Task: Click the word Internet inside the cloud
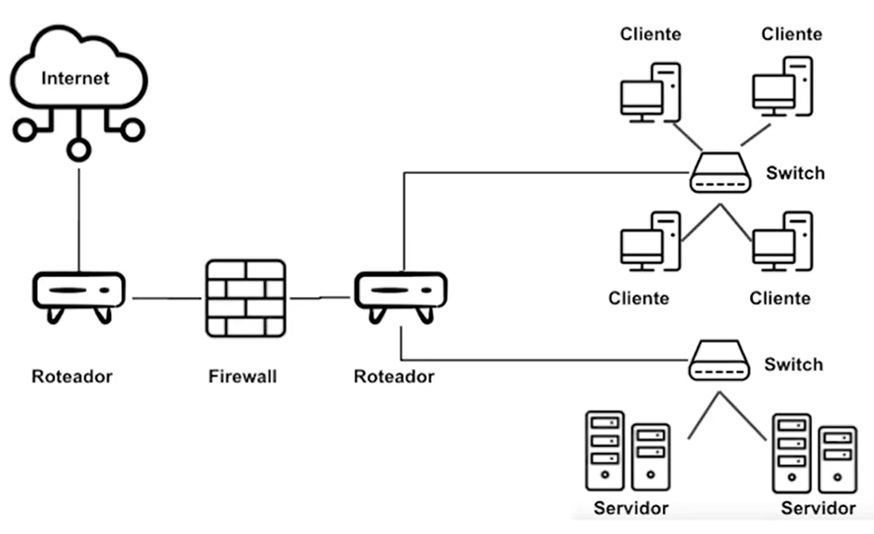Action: click(75, 78)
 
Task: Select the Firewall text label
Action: click(243, 377)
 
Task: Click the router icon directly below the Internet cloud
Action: click(79, 294)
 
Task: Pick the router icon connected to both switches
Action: click(400, 294)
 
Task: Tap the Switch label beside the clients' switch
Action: click(795, 173)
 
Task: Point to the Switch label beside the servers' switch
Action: click(793, 364)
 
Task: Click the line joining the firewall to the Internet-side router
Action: click(167, 299)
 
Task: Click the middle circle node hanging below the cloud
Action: click(80, 148)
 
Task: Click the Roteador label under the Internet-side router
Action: click(72, 377)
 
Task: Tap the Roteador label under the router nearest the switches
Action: click(393, 377)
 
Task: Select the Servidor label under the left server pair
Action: click(631, 508)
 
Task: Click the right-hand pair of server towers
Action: click(814, 453)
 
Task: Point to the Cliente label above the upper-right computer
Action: click(791, 34)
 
